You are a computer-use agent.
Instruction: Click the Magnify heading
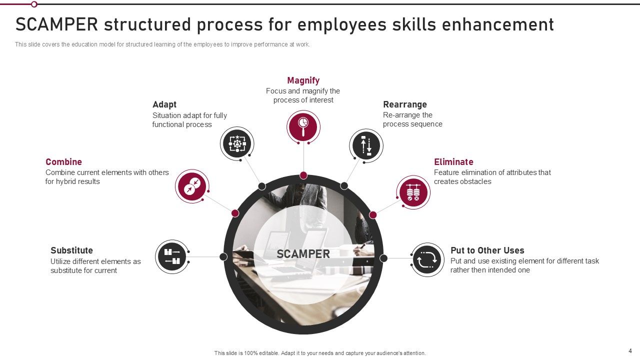pyautogui.click(x=303, y=80)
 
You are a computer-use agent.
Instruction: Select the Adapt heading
pyautogui.click(x=164, y=104)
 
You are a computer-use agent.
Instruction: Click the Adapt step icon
pyautogui.click(x=237, y=143)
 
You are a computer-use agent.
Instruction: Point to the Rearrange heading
pyautogui.click(x=405, y=104)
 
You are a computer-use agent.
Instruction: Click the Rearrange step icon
pyautogui.click(x=366, y=145)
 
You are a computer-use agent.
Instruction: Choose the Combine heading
pyautogui.click(x=63, y=162)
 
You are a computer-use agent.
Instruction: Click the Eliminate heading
pyautogui.click(x=453, y=162)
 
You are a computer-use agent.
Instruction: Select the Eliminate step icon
pyautogui.click(x=413, y=192)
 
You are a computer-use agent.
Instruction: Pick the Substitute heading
pyautogui.click(x=71, y=250)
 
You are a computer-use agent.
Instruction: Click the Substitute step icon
pyautogui.click(x=172, y=256)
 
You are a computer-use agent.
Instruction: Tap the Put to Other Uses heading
pyautogui.click(x=487, y=250)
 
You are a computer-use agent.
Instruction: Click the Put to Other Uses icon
pyautogui.click(x=427, y=259)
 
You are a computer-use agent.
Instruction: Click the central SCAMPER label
pyautogui.click(x=303, y=254)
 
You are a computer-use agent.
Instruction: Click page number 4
pyautogui.click(x=630, y=350)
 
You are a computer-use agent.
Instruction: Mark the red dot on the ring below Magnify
pyautogui.click(x=303, y=175)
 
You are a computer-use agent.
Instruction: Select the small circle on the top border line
pyautogui.click(x=34, y=4)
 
